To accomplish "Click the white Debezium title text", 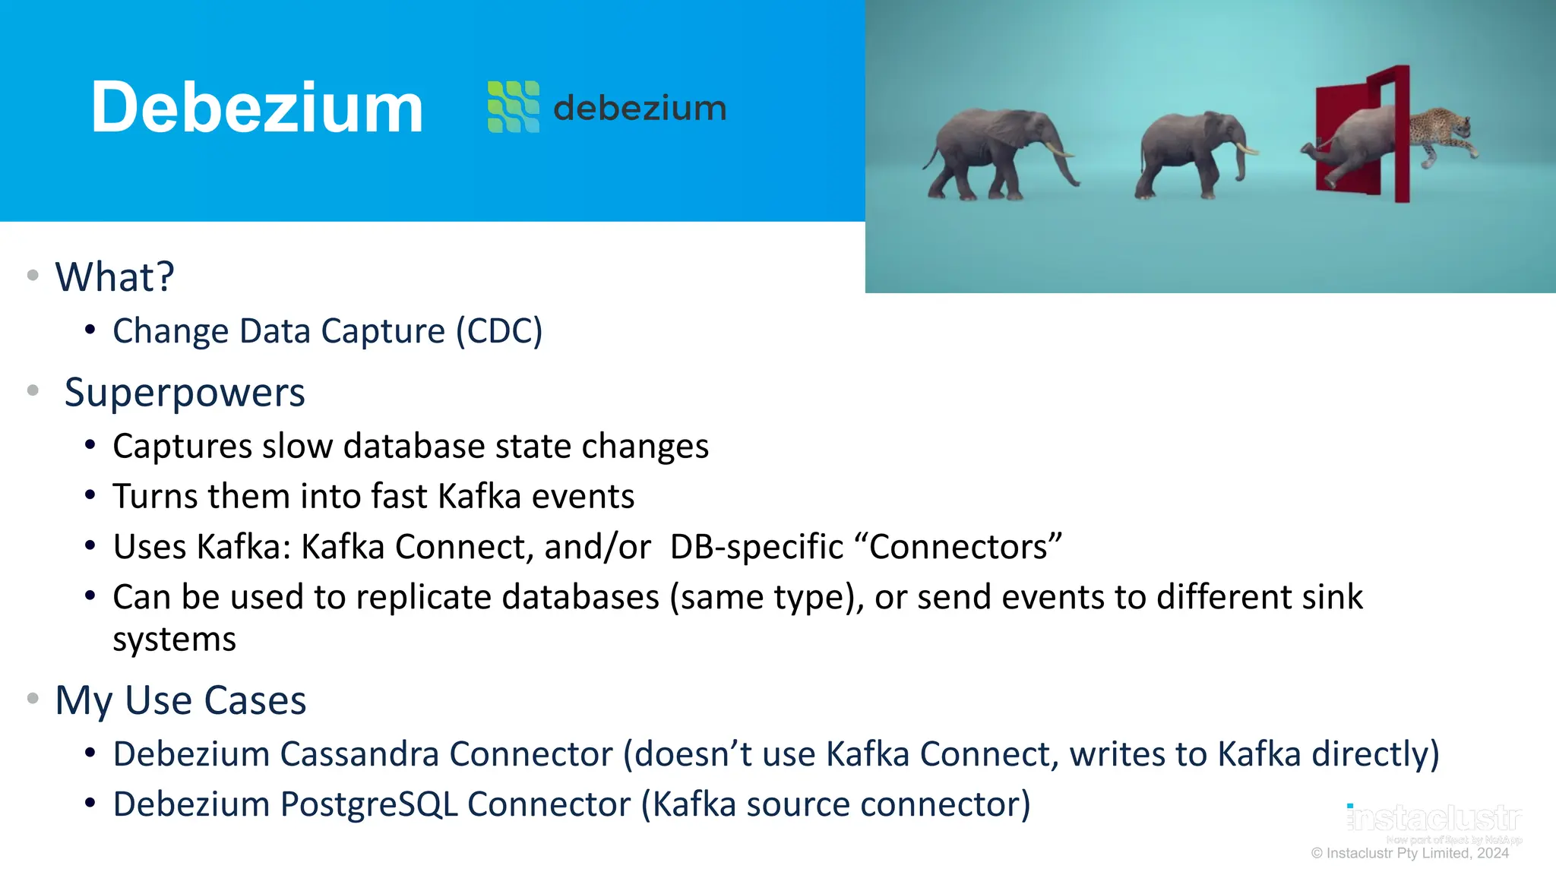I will pos(257,108).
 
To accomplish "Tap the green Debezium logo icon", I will pos(514,107).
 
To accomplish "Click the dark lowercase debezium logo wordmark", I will pos(640,108).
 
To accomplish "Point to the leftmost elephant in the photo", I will pos(995,152).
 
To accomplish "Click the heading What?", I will pos(115,276).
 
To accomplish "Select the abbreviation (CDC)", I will pos(499,331).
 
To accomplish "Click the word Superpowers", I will pos(185,393).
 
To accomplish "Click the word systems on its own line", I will pos(174,639).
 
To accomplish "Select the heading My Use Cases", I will pos(181,700).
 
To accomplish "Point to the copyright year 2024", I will pos(1492,853).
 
